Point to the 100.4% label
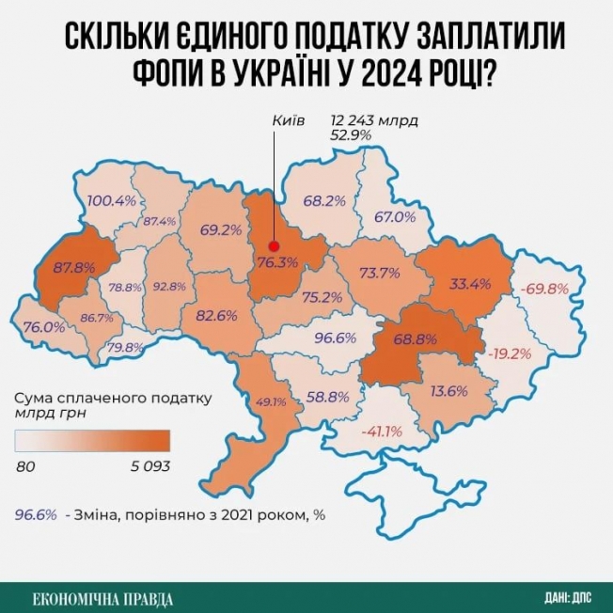[x=112, y=200]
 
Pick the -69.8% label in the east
[x=545, y=287]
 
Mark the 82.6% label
[x=216, y=316]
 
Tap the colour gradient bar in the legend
[x=93, y=440]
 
